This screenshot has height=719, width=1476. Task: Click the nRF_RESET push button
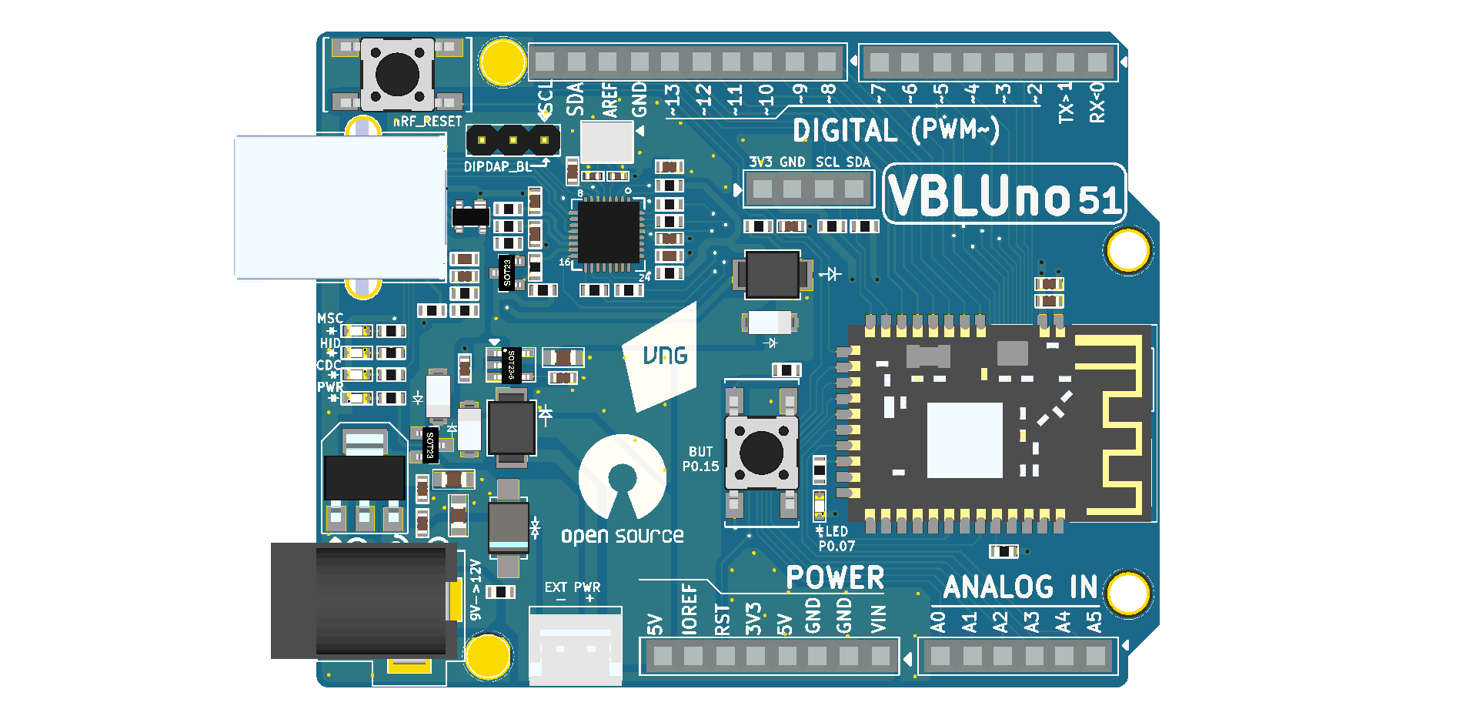tap(397, 75)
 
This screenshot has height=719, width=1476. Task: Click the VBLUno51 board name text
tap(1004, 196)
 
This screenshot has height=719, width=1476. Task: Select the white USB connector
tap(340, 207)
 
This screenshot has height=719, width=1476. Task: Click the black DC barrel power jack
tap(362, 600)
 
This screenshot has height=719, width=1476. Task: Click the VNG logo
tap(664, 356)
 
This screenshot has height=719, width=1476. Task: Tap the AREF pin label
tap(609, 100)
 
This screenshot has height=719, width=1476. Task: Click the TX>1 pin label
tap(1066, 103)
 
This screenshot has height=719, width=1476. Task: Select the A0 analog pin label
tap(938, 622)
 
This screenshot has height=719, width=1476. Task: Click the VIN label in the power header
tap(879, 619)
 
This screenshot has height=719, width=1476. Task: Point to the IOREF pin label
tap(690, 609)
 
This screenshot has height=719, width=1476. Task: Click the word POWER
tap(835, 578)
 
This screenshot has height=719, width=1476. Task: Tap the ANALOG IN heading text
tap(1020, 587)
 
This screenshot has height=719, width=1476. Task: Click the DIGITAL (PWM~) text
tap(896, 131)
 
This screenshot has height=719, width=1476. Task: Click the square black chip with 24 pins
tap(608, 232)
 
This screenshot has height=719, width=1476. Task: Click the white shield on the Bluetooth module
tap(964, 440)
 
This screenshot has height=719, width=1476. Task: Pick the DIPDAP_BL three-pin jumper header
tap(513, 140)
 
